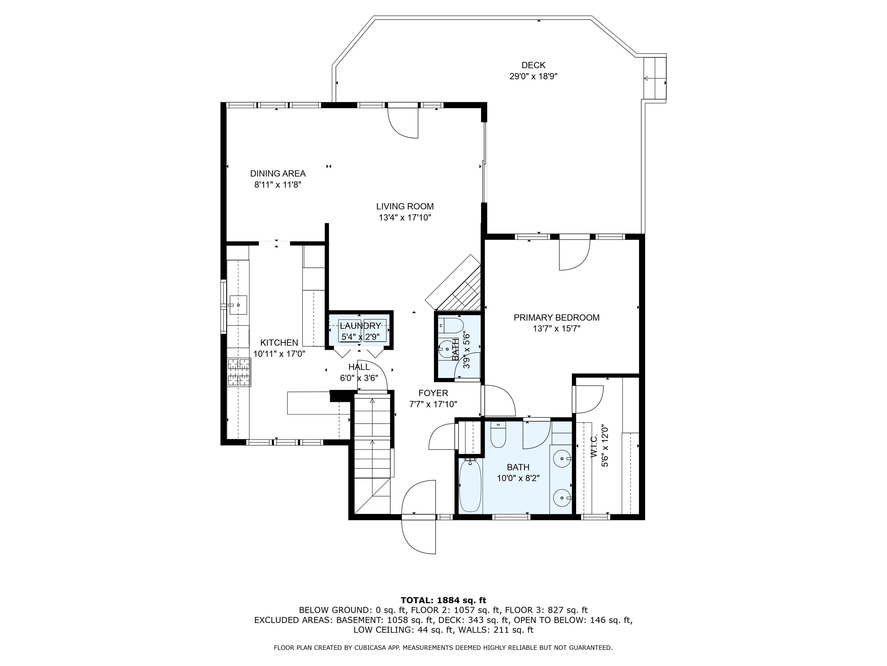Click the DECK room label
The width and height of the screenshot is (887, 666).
pyautogui.click(x=533, y=65)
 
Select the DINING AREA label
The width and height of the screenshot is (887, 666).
pyautogui.click(x=277, y=173)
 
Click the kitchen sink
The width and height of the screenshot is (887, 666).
pyautogui.click(x=238, y=304)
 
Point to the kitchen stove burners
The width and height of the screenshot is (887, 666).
pyautogui.click(x=239, y=372)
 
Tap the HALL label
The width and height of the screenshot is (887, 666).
pyautogui.click(x=359, y=367)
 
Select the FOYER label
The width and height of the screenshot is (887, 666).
pyautogui.click(x=433, y=393)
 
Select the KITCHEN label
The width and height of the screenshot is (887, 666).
pyautogui.click(x=279, y=343)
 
